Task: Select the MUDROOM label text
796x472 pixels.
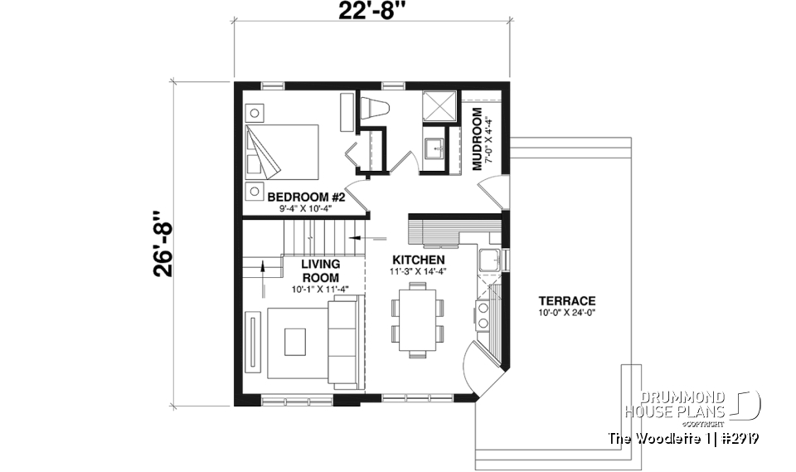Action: pyautogui.click(x=478, y=139)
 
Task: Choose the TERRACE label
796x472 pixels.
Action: pyautogui.click(x=567, y=300)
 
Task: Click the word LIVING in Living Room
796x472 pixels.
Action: pyautogui.click(x=320, y=264)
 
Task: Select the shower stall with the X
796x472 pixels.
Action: pyautogui.click(x=438, y=107)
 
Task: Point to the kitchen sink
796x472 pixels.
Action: pyautogui.click(x=488, y=259)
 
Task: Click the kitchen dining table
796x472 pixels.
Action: pyautogui.click(x=417, y=319)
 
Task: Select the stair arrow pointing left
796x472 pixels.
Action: pyautogui.click(x=358, y=237)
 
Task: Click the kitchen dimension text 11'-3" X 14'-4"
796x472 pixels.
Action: pyautogui.click(x=417, y=271)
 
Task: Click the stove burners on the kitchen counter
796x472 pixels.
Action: pyautogui.click(x=483, y=316)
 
